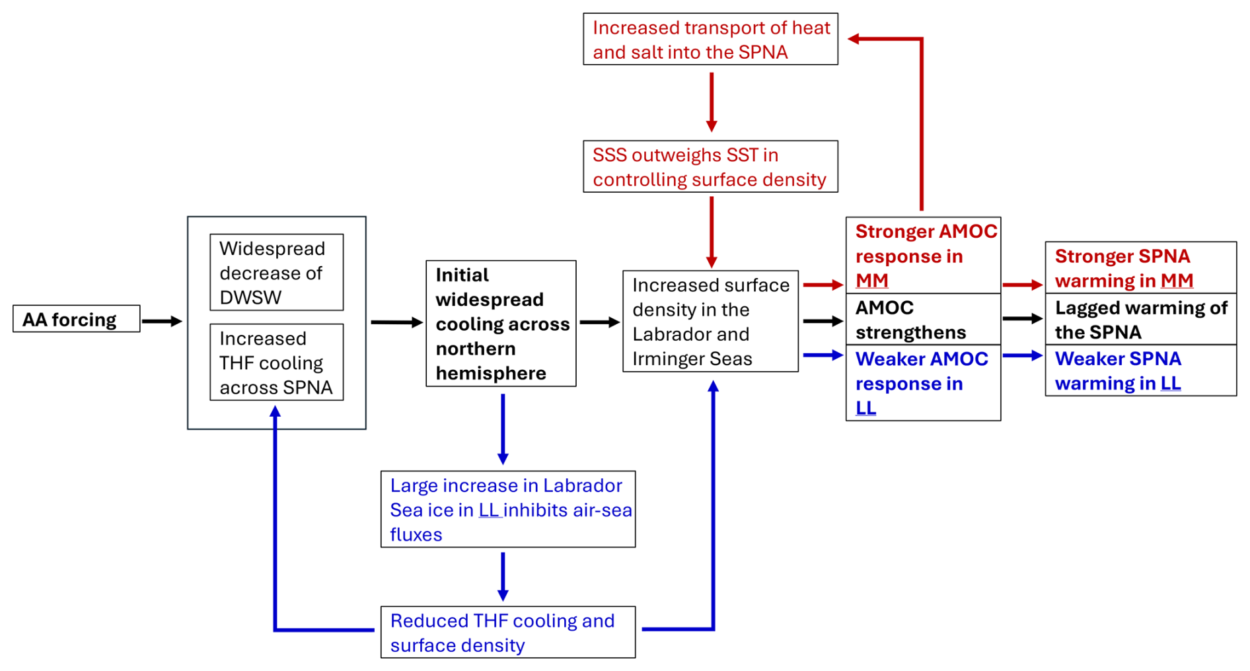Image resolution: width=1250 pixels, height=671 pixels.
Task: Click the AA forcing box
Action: [x=76, y=319]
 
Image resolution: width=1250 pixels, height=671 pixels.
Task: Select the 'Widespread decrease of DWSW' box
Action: [x=276, y=272]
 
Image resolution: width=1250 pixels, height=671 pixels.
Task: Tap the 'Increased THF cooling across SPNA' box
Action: [x=276, y=362]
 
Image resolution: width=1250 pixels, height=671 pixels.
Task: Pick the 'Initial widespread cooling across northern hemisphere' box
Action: [x=501, y=324]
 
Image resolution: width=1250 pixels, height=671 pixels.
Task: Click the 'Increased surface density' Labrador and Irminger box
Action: [x=710, y=321]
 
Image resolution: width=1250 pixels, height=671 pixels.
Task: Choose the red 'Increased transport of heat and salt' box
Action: [x=710, y=39]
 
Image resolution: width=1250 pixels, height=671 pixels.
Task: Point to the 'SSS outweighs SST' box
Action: [x=710, y=166]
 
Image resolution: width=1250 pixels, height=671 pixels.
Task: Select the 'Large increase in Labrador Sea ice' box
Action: [x=508, y=509]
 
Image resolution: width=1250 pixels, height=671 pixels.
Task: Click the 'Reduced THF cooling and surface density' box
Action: [x=508, y=632]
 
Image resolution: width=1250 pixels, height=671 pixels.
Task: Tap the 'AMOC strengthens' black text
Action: [x=910, y=320]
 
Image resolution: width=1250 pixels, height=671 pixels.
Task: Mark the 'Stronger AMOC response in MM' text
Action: [x=926, y=256]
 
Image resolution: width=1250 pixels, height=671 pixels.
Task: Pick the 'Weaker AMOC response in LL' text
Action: [x=922, y=383]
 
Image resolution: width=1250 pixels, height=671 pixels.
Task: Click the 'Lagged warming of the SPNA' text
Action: [x=1141, y=320]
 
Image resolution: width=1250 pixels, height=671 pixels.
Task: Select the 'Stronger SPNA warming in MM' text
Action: [x=1124, y=268]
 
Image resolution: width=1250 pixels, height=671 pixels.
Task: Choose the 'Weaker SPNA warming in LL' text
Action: [x=1118, y=371]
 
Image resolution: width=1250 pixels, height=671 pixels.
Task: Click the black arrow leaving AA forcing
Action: [x=162, y=322]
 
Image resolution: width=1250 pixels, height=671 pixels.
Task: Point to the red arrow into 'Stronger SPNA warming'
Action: [x=1023, y=285]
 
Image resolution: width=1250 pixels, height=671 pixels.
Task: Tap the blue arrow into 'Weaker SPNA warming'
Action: [x=1023, y=355]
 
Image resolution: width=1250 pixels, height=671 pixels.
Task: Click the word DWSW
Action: [x=250, y=297]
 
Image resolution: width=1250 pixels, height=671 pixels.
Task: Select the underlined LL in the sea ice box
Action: [x=488, y=510]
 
